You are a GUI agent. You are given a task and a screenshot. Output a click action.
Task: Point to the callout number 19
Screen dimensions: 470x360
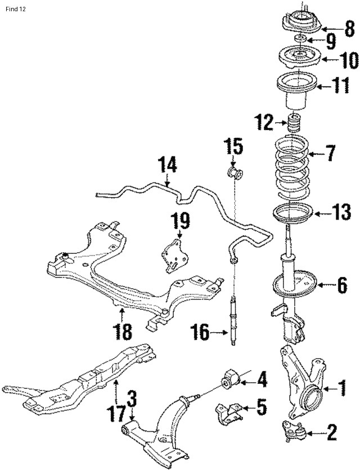181,221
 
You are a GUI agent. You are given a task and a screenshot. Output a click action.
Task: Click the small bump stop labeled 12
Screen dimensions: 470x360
294,124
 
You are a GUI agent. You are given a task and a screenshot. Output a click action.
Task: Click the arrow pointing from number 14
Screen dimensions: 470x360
168,181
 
